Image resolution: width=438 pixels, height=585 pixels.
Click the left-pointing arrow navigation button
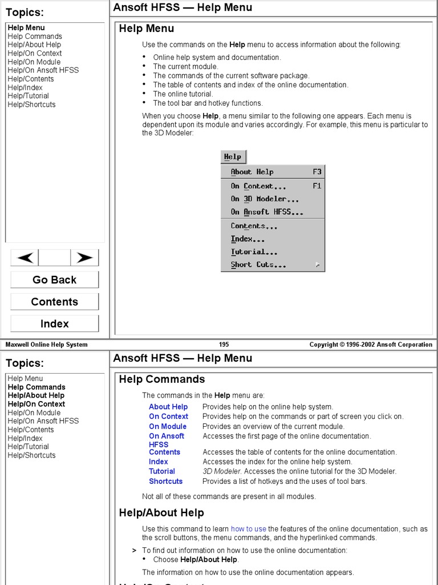25,258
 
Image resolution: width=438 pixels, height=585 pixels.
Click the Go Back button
54,280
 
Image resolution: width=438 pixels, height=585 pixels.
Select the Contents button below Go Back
54,302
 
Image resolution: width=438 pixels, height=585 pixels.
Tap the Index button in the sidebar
54,323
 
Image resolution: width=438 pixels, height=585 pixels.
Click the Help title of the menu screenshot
233,157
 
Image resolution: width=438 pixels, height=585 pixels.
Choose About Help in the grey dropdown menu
252,172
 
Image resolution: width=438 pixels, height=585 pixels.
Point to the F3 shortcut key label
317,172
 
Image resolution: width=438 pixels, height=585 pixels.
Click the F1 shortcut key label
317,186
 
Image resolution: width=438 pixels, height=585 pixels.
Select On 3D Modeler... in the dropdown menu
265,199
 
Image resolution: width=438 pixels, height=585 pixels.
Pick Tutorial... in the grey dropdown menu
254,252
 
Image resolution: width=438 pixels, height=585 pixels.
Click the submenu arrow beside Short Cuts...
317,265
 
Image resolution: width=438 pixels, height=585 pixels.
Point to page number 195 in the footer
224,344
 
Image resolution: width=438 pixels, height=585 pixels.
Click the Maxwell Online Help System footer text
47,344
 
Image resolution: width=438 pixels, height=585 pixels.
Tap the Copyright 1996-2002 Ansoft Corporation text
371,344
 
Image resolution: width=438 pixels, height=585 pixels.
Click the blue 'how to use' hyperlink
248,529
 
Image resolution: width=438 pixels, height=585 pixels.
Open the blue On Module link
168,426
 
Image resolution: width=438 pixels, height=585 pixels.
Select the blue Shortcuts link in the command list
165,481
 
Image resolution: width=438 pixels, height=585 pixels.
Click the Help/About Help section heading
161,512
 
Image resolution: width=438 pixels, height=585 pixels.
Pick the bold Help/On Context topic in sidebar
36,404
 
